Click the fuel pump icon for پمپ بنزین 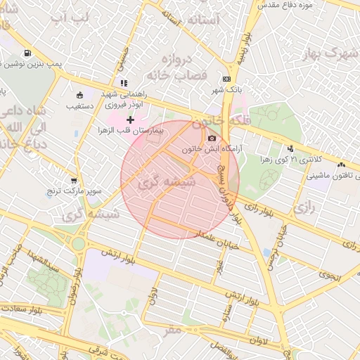click(27, 53)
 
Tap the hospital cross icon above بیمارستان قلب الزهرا click(130, 120)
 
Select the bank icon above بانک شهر click(226, 79)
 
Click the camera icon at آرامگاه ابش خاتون click(212, 138)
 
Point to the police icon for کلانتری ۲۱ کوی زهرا click(290, 148)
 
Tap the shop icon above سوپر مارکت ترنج click(74, 180)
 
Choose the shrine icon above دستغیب click(79, 96)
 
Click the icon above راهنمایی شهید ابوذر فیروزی click(124, 83)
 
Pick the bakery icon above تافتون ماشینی click(341, 165)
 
